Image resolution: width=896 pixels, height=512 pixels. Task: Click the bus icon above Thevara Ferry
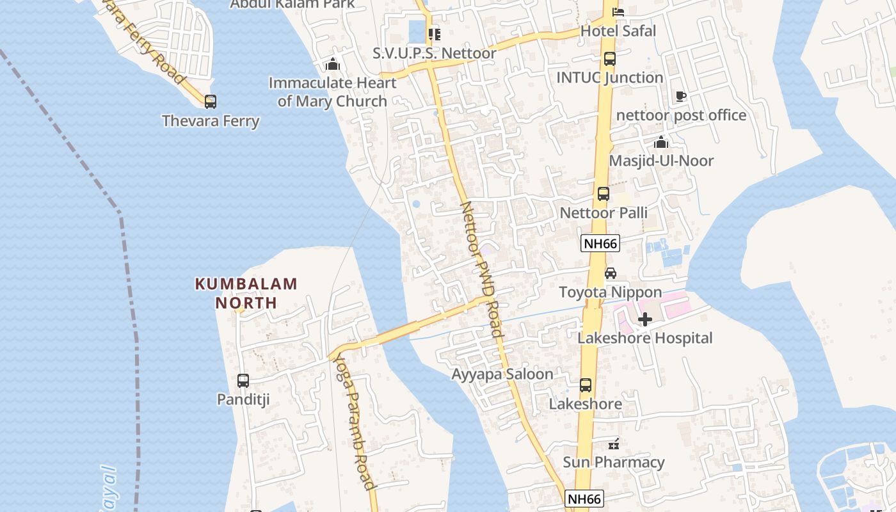[211, 101]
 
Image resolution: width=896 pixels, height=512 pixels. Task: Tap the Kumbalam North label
[246, 293]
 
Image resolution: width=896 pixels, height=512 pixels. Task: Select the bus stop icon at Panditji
[243, 381]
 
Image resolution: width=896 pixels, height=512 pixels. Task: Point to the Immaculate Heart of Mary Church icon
[332, 64]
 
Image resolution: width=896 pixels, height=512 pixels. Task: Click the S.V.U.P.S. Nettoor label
[435, 53]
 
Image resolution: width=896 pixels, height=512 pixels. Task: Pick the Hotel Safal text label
[618, 31]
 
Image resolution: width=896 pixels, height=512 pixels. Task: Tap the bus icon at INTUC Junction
[610, 59]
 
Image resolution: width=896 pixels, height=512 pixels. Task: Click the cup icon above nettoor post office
[681, 97]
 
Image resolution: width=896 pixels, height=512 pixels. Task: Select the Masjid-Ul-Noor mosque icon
[661, 142]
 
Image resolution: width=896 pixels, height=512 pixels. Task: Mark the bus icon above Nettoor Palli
[604, 194]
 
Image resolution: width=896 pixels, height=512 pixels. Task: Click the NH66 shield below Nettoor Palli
[600, 243]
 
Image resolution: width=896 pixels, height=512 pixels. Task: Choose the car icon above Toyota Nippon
[611, 273]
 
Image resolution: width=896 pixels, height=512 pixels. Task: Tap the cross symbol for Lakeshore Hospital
[645, 319]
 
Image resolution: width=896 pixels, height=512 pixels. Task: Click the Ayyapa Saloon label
[502, 374]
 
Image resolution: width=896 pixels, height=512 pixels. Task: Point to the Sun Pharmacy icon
[614, 443]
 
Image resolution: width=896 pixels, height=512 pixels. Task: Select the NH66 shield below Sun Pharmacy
[585, 499]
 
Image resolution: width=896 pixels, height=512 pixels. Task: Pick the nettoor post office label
[681, 115]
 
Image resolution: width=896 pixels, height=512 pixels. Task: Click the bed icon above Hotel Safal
[618, 12]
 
